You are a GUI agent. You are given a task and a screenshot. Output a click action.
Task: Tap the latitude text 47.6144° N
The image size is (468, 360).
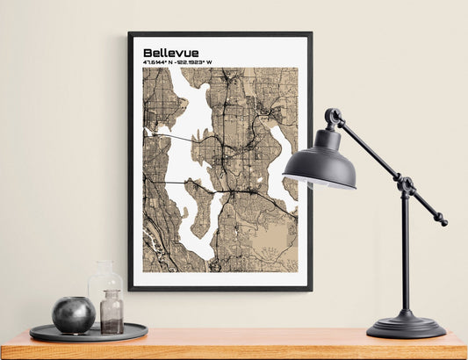[159, 62]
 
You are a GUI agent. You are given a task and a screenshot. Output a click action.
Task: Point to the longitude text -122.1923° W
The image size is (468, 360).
[194, 62]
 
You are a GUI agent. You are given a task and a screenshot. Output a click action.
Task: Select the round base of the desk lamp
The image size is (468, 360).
[406, 328]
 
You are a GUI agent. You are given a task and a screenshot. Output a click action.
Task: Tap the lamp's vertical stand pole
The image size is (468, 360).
[405, 255]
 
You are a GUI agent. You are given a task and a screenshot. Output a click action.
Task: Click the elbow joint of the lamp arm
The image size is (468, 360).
[405, 185]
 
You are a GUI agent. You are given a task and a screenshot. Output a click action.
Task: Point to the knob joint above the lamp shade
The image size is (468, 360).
[333, 116]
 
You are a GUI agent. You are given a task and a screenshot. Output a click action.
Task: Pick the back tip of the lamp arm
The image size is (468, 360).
[443, 221]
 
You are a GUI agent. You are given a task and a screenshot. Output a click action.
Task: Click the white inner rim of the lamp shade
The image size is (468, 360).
[318, 182]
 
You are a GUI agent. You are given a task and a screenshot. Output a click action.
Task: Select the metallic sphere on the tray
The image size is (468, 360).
[73, 314]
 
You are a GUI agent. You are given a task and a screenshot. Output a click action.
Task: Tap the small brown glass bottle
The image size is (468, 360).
[112, 313]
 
